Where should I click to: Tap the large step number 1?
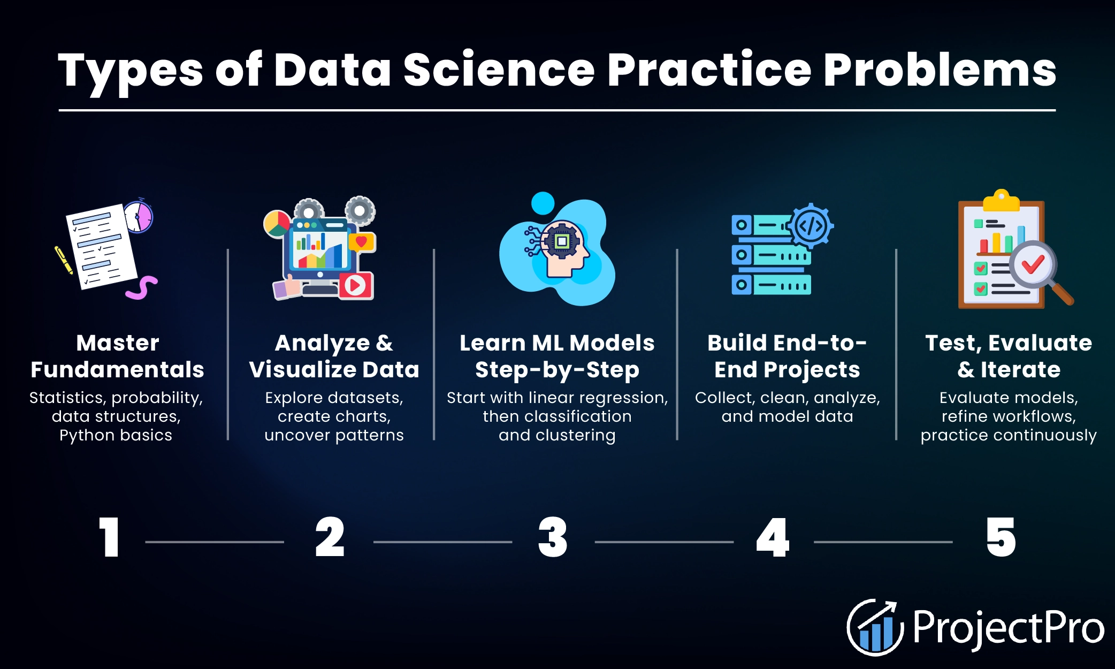tap(109, 537)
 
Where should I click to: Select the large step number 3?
tap(553, 537)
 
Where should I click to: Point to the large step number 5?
tap(1001, 537)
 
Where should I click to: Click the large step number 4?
tap(773, 537)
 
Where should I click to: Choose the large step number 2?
tap(330, 537)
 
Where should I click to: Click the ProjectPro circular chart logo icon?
tap(874, 627)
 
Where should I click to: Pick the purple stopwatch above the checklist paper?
tap(139, 217)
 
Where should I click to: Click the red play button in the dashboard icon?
tap(355, 285)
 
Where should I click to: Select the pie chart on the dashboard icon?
tap(277, 224)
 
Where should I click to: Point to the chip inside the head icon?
tap(561, 241)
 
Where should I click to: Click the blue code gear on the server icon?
tap(811, 226)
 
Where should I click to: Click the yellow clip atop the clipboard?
tap(1001, 201)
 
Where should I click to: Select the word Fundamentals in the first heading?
tap(117, 370)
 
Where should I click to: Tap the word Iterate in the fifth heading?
tap(1020, 370)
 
